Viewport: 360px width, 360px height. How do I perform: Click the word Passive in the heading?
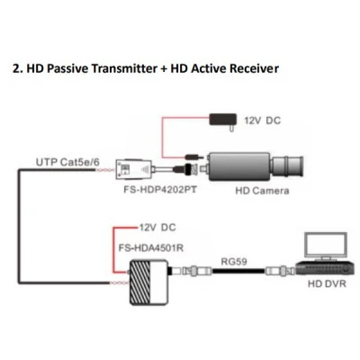pos(67,68)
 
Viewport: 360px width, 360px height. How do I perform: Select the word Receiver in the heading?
pos(254,68)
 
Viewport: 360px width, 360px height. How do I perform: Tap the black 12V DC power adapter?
pos(223,121)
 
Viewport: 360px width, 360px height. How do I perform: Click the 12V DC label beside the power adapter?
pos(263,121)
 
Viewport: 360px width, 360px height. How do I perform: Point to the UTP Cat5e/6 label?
pos(67,162)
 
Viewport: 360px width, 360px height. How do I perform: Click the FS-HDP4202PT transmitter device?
pos(138,169)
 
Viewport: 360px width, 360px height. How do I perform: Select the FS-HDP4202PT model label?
pos(160,190)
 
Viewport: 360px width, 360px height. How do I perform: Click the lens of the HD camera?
pos(287,166)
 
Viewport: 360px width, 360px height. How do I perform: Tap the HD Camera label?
pos(262,191)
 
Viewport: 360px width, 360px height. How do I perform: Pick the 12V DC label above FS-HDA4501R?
pos(157,228)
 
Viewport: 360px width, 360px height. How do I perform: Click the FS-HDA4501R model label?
pos(151,248)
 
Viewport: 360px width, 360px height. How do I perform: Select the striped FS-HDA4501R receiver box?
pos(148,283)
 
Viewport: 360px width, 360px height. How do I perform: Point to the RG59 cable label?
pos(234,262)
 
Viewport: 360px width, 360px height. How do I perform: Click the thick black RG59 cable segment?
pos(238,271)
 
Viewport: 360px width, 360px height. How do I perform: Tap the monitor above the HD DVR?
pos(326,246)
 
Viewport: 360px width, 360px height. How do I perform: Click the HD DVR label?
pos(327,283)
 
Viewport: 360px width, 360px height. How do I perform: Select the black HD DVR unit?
pos(325,268)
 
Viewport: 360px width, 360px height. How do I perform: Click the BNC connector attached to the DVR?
pos(281,271)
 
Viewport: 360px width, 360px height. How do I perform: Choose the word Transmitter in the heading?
pos(124,68)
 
